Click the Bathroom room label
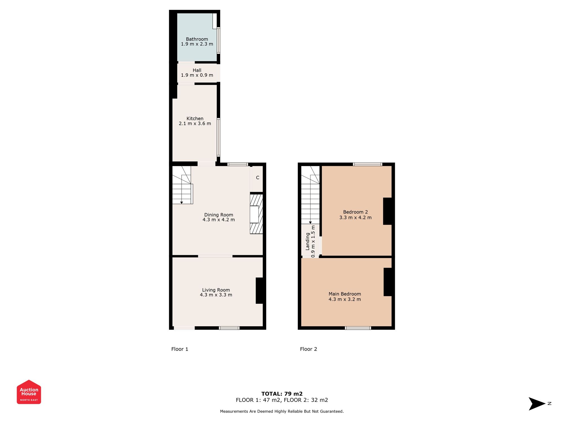tap(197, 39)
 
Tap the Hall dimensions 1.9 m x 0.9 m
tap(197, 75)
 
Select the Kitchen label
tap(195, 119)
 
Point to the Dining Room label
tap(219, 215)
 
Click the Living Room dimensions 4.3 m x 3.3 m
tap(216, 295)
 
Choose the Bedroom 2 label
tap(355, 212)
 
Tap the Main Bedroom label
tap(345, 294)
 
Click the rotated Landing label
tap(308, 241)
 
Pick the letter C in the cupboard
tap(257, 178)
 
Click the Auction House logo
tap(29, 392)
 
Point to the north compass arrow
tap(537, 404)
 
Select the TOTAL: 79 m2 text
tap(282, 394)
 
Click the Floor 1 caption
tap(180, 349)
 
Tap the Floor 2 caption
tap(309, 349)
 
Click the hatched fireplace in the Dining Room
tap(256, 214)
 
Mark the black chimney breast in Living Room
tap(259, 291)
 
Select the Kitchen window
tap(218, 137)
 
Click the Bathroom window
tap(218, 41)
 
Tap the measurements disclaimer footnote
tap(282, 411)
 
